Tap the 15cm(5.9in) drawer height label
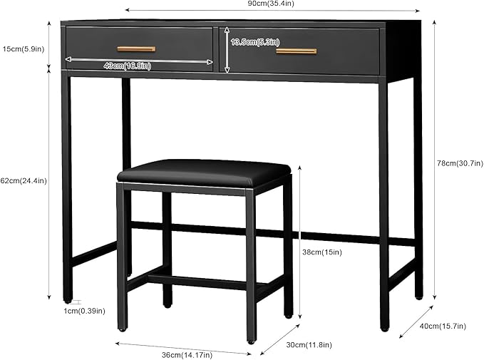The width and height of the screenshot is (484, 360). coord(24,49)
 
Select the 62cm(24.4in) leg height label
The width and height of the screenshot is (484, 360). coord(24,181)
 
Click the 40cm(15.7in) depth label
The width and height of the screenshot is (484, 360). coord(443,326)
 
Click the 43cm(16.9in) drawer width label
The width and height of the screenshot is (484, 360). coord(127,66)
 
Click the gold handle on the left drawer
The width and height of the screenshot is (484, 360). coord(136,49)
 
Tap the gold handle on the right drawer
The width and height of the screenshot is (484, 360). coord(296,51)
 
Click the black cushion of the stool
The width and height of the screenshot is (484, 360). coord(204,173)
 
